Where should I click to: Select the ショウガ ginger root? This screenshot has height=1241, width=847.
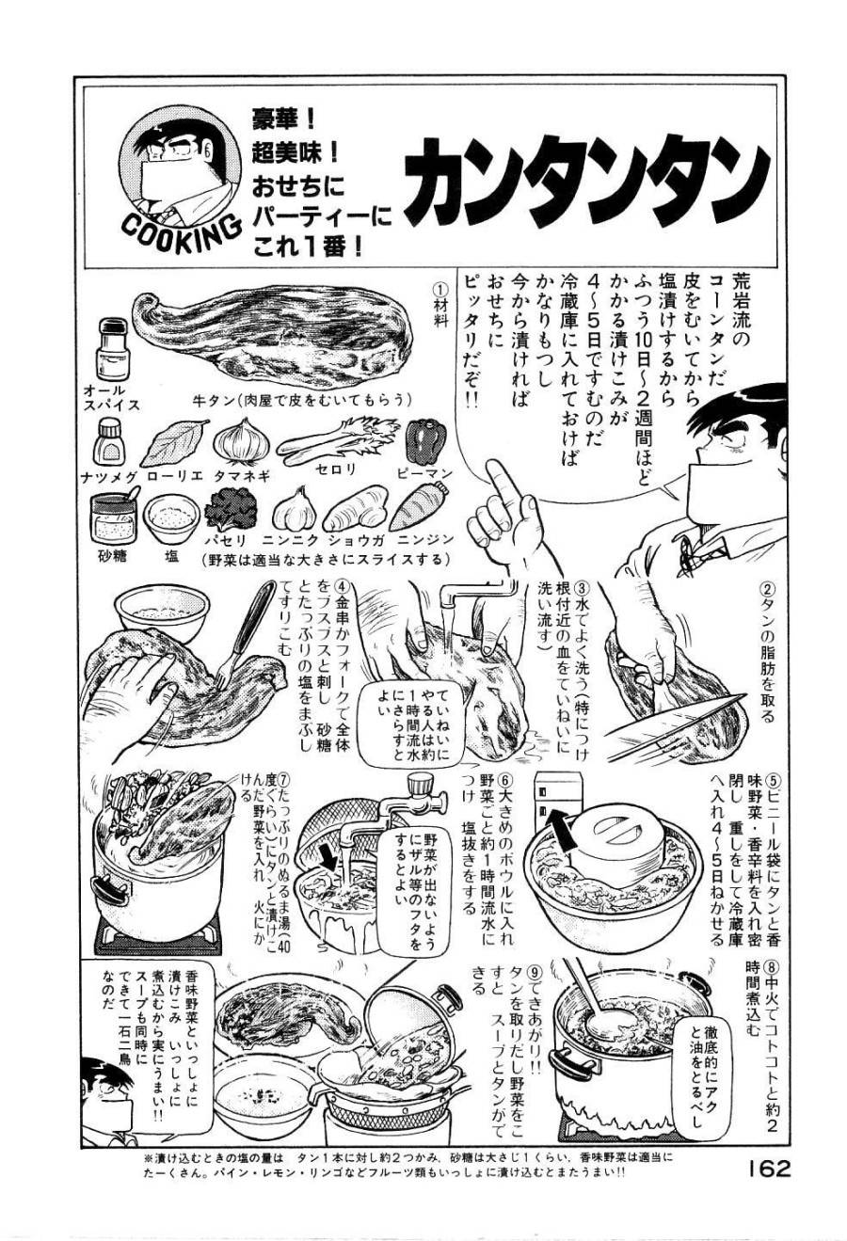[355, 509]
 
